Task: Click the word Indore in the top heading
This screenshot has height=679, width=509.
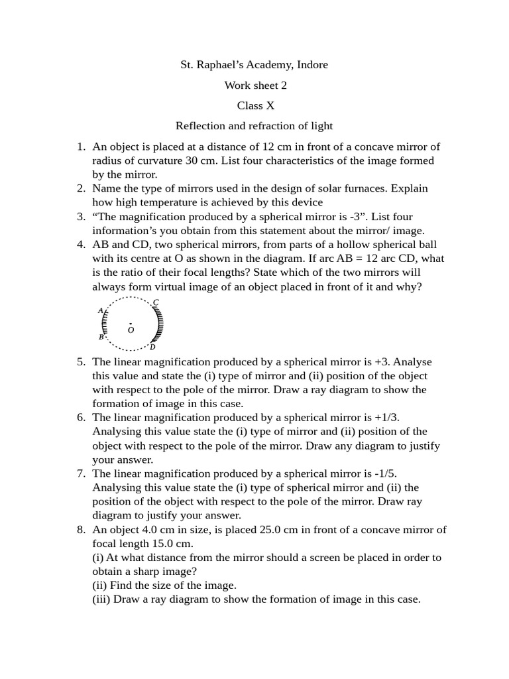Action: click(312, 65)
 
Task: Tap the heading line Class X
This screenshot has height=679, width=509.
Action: click(255, 105)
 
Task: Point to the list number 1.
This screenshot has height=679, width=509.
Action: click(80, 147)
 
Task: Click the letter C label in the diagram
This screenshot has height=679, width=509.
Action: click(156, 303)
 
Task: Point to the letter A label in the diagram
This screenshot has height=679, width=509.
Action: click(100, 310)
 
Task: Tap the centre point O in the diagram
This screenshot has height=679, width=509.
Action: click(131, 325)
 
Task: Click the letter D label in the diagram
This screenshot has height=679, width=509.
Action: click(152, 347)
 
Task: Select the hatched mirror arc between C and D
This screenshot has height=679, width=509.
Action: click(159, 325)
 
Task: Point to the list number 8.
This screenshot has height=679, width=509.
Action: click(80, 529)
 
